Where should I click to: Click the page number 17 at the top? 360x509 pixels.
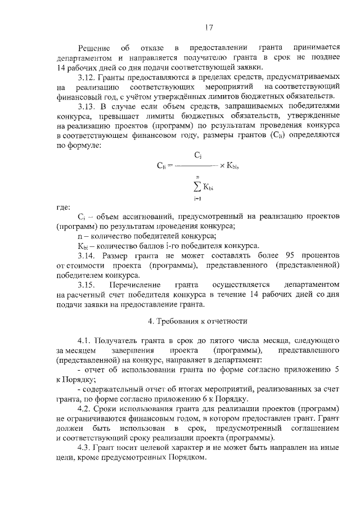(209, 26)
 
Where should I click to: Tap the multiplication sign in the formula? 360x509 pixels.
(223, 165)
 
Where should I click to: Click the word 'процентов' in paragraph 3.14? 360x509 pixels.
(319, 255)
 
